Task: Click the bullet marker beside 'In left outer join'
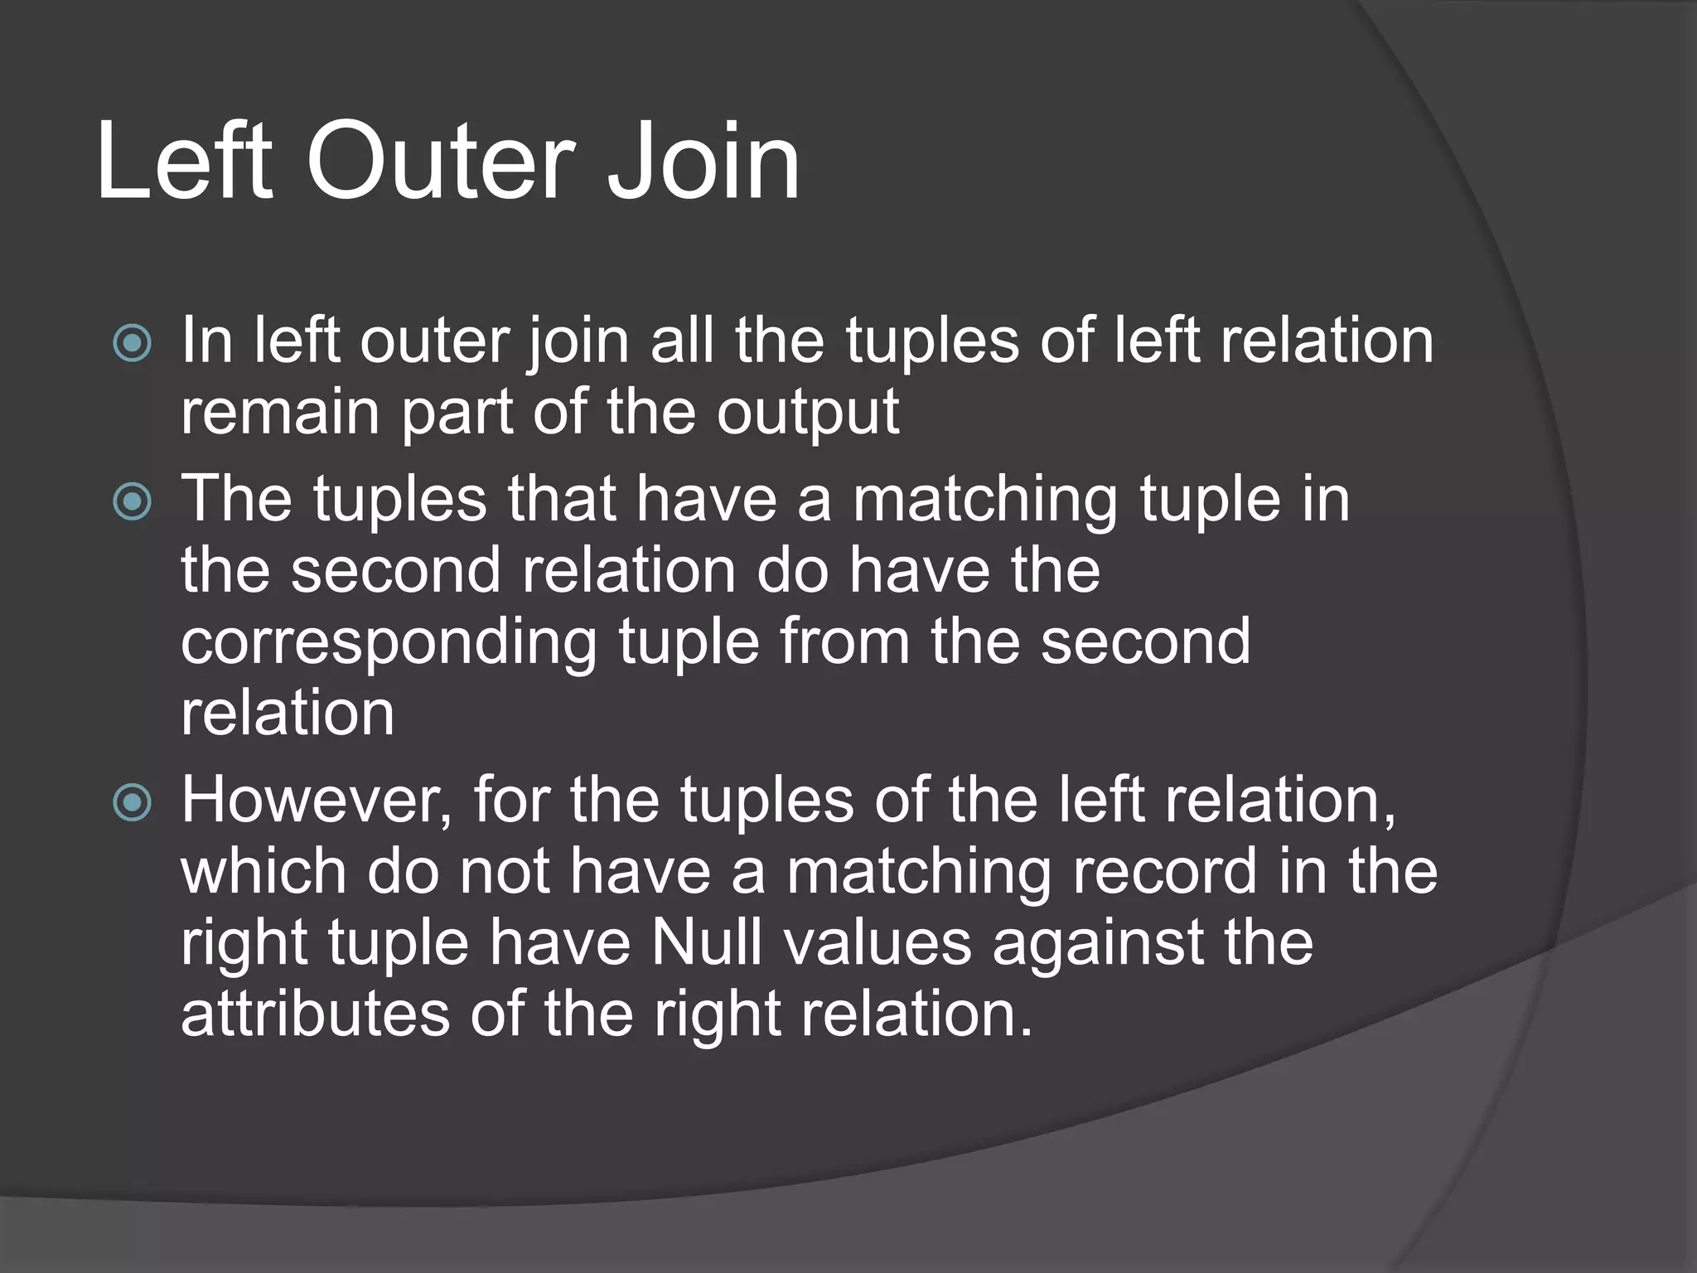click(133, 343)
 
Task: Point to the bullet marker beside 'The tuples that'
click(133, 501)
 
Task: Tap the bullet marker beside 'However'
click(133, 802)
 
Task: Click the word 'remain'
click(279, 412)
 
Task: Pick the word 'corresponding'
click(389, 643)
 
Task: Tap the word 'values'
click(878, 943)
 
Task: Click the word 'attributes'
click(315, 1014)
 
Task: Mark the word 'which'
click(263, 872)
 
